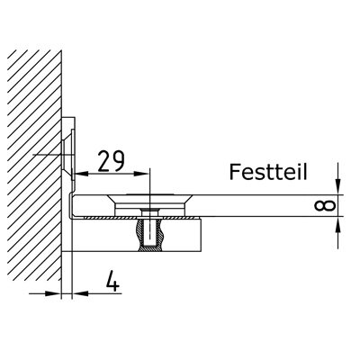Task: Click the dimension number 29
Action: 111,161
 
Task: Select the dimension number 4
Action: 112,281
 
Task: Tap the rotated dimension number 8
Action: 324,205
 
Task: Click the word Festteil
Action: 268,172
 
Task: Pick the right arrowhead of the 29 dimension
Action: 142,174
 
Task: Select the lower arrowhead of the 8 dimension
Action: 338,224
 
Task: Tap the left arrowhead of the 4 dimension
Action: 53,293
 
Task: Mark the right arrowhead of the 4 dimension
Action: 80,293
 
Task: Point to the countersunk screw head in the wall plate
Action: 67,155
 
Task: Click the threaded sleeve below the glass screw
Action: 149,230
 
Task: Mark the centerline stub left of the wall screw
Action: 47,155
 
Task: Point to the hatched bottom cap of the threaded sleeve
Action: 150,248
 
